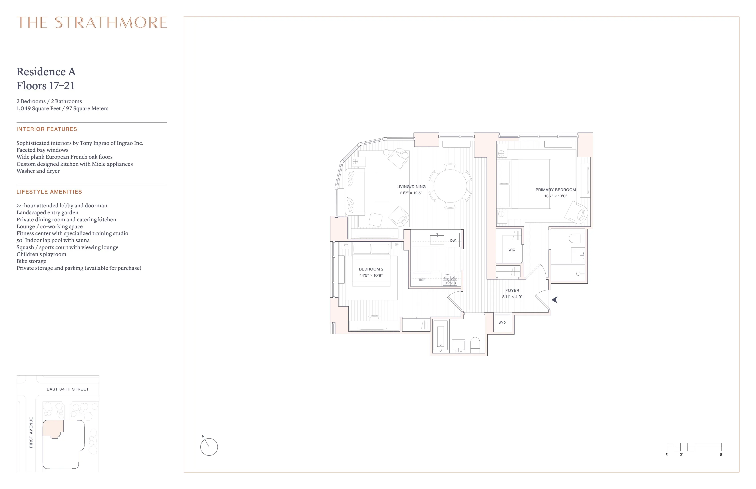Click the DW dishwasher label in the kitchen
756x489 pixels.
(x=453, y=240)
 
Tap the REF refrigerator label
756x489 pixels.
(x=422, y=280)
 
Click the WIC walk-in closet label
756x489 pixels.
(x=512, y=250)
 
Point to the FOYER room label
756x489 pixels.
(x=512, y=291)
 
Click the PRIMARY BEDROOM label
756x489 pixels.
(x=556, y=190)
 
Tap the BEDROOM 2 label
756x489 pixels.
(x=371, y=269)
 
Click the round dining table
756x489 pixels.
(x=450, y=186)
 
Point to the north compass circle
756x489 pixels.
(x=209, y=447)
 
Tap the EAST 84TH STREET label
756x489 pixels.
(x=68, y=389)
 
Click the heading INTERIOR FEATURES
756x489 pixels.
(x=47, y=129)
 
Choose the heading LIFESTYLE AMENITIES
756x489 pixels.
(x=49, y=192)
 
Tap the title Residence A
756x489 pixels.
(x=46, y=72)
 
